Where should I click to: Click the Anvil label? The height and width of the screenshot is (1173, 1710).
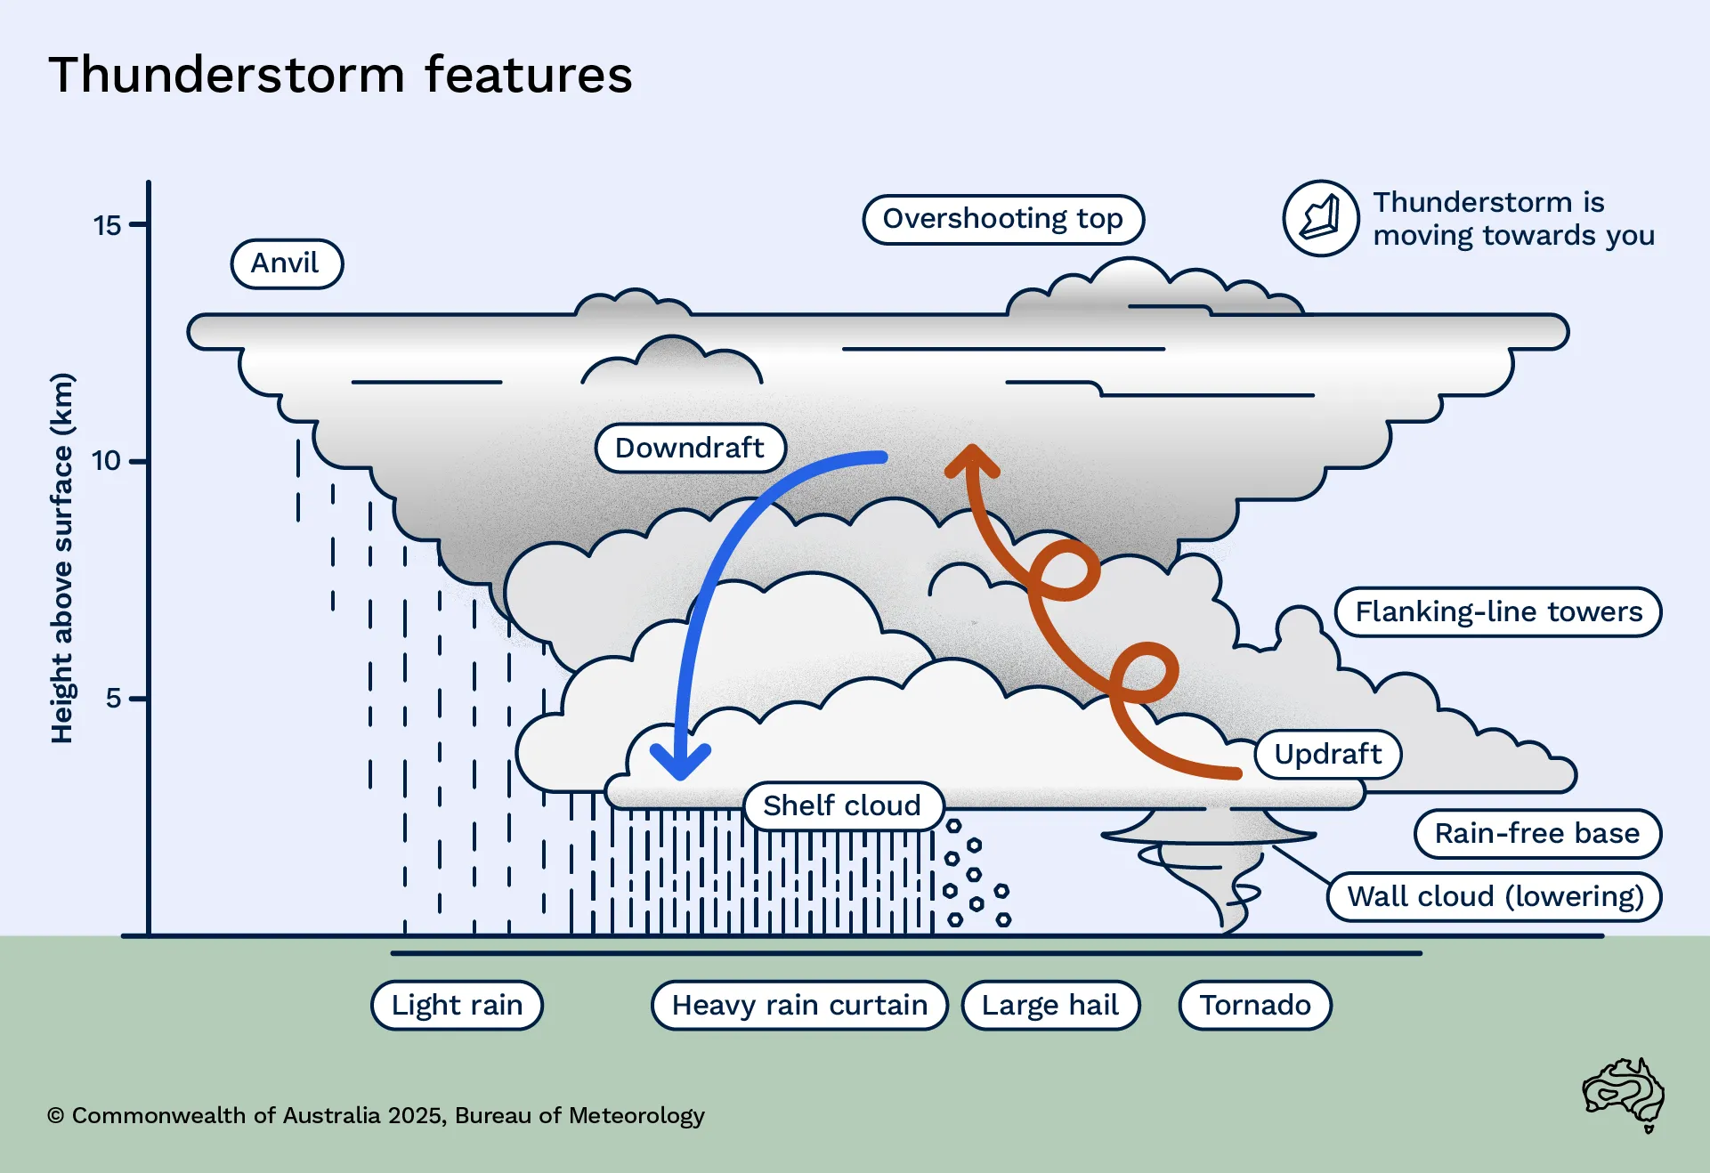pyautogui.click(x=286, y=263)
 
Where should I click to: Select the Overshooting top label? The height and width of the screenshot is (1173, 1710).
pyautogui.click(x=1002, y=219)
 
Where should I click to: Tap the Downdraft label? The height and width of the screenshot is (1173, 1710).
pyautogui.click(x=690, y=448)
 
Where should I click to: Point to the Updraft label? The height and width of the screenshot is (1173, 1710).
pyautogui.click(x=1327, y=755)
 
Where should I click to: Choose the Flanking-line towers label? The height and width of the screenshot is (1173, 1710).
pyautogui.click(x=1498, y=612)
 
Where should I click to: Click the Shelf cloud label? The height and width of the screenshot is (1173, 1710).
pyautogui.click(x=842, y=806)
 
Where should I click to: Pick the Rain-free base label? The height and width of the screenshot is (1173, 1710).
pyautogui.click(x=1536, y=834)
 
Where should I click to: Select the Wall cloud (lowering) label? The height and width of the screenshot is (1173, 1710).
pyautogui.click(x=1495, y=897)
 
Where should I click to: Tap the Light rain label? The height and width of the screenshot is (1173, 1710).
pyautogui.click(x=457, y=1006)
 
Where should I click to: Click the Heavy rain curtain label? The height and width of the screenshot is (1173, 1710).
pyautogui.click(x=799, y=1006)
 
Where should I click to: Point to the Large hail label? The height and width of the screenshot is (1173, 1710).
pyautogui.click(x=1050, y=1006)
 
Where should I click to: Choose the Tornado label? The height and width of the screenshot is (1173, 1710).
pyautogui.click(x=1255, y=1006)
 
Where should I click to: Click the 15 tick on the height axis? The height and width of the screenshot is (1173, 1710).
pyautogui.click(x=137, y=224)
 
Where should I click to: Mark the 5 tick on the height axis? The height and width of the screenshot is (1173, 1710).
pyautogui.click(x=137, y=699)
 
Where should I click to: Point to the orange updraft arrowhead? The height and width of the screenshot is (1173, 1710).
pyautogui.click(x=972, y=459)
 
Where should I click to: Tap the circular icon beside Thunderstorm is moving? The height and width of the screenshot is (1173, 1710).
pyautogui.click(x=1320, y=218)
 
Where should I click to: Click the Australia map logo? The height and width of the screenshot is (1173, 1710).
pyautogui.click(x=1624, y=1094)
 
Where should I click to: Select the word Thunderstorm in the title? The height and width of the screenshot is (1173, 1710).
pyautogui.click(x=227, y=75)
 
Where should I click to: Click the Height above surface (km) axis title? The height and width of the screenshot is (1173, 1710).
pyautogui.click(x=61, y=558)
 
